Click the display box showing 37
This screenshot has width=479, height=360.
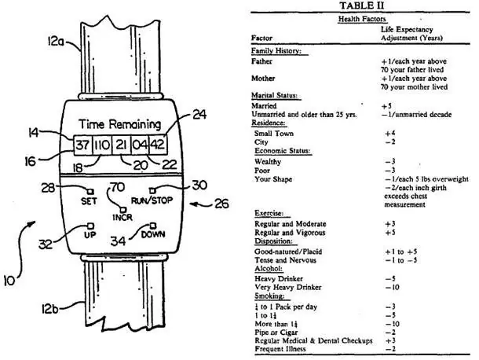coord(82,145)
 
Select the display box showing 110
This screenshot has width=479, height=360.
coord(102,145)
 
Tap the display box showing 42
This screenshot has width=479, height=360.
coord(158,145)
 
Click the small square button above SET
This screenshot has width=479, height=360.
coord(90,192)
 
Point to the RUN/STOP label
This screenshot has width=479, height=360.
coord(152,200)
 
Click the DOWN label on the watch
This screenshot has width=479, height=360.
coord(153,234)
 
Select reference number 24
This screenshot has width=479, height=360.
coord(199,115)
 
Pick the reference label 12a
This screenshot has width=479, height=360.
coord(55,42)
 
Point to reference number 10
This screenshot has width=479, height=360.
coord(9,281)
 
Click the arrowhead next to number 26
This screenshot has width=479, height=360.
coord(192,204)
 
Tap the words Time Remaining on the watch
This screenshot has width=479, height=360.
coord(119,124)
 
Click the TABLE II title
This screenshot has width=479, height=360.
coord(362,6)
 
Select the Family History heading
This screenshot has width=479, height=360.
coord(276,51)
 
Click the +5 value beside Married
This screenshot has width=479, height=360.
coord(386,106)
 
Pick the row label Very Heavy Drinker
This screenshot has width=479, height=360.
coord(287,287)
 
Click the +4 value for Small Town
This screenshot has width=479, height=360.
coord(390,134)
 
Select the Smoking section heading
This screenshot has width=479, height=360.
coord(269,296)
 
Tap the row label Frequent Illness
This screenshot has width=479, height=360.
coord(280,349)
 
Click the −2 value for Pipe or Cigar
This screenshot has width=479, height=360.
coord(390,332)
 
